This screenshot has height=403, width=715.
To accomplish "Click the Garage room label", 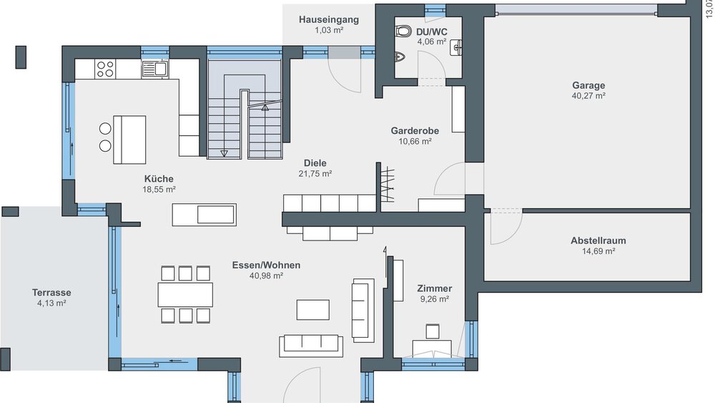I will point(588,85).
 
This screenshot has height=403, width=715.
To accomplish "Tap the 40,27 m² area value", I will point(588,95).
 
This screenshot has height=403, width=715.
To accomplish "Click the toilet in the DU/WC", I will point(403,31).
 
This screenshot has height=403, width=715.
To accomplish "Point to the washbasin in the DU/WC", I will point(456,47).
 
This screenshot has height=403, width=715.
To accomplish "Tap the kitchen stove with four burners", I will point(105,69).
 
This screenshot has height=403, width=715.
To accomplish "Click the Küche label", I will point(159,179).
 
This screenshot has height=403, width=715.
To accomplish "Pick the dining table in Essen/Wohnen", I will point(186,294).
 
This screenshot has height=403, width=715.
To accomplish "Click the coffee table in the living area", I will point(313,309).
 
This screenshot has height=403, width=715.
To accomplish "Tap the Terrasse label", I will point(51,293).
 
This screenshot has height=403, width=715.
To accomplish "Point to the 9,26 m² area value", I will point(435,299).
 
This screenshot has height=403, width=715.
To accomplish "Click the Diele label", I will point(315,162).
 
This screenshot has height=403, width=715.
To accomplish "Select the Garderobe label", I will point(415,131).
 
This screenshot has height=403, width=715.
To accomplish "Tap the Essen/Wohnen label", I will point(266,265).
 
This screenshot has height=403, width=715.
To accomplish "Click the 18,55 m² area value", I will point(159,190).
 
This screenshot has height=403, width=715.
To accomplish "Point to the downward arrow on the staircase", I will point(225,152).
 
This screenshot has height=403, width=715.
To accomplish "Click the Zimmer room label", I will point(435,288).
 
